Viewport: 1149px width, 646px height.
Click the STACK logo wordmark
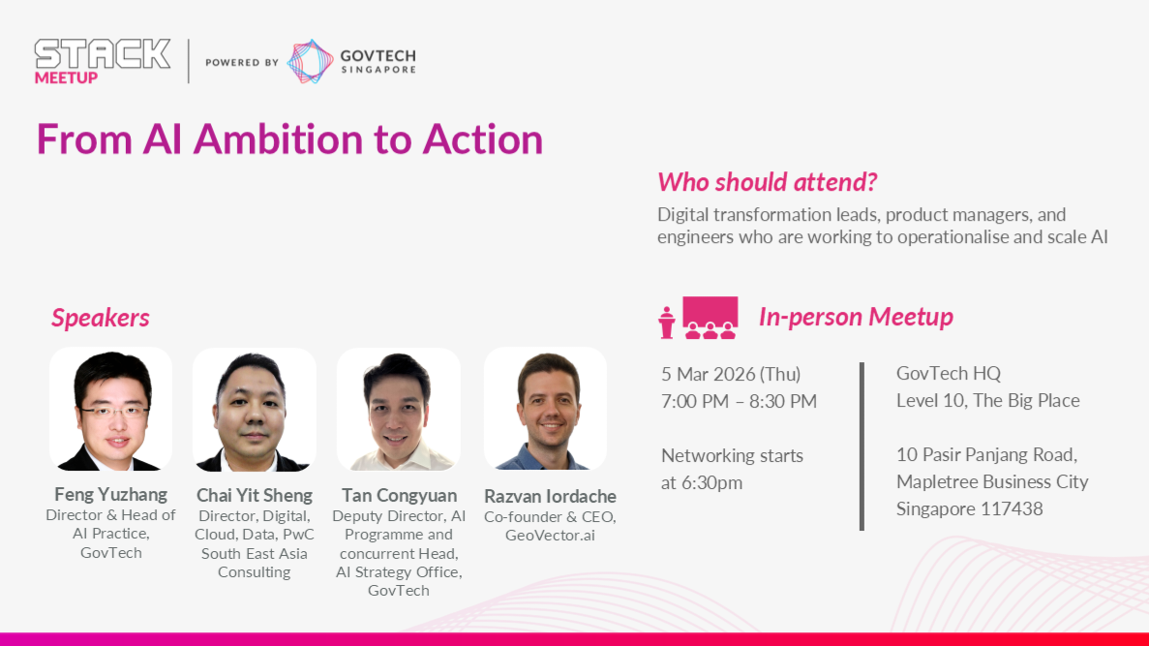click(x=103, y=54)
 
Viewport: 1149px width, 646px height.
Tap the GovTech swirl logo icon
click(x=310, y=61)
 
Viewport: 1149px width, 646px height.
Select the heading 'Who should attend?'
click(x=767, y=182)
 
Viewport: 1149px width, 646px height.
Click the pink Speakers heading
click(x=101, y=318)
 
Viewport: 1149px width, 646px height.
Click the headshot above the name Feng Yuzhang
click(x=110, y=409)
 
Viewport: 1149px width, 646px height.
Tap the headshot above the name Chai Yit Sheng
click(x=255, y=409)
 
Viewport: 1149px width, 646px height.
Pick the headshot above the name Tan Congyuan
click(x=399, y=409)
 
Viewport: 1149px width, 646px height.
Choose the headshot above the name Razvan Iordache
click(x=545, y=409)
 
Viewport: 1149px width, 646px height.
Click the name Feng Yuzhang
click(x=110, y=494)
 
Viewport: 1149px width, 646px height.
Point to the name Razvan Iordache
click(x=550, y=497)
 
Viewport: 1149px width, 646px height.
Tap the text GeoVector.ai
click(x=550, y=536)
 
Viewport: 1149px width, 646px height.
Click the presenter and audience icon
click(x=698, y=318)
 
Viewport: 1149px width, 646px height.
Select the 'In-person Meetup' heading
click(x=856, y=317)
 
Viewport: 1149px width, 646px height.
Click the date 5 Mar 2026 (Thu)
click(x=731, y=374)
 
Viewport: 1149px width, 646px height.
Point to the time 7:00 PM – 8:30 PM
click(x=739, y=401)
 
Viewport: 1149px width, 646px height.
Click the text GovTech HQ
click(x=949, y=373)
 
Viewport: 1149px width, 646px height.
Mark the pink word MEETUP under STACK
click(x=66, y=77)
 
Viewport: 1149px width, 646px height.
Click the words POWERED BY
click(x=242, y=62)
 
